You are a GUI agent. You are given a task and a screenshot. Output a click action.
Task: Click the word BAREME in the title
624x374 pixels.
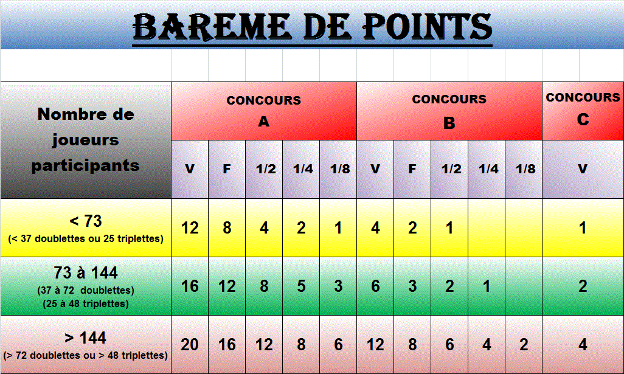[211, 27]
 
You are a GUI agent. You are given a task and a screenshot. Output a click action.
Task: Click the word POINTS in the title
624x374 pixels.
[428, 27]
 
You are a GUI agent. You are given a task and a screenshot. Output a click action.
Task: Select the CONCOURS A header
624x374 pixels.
[264, 111]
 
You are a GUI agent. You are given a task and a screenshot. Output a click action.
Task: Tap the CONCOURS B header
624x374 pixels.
[449, 111]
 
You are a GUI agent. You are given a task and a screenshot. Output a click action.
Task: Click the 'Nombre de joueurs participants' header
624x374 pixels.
[86, 140]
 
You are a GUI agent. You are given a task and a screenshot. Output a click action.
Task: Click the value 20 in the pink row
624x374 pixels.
[190, 345]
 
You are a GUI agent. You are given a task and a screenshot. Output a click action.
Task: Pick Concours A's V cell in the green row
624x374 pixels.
[190, 286]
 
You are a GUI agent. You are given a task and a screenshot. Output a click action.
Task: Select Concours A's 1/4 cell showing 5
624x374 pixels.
[301, 286]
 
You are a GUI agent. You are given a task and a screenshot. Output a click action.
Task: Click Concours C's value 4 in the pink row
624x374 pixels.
[583, 345]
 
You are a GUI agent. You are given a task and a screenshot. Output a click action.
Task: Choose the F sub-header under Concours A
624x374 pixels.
[227, 169]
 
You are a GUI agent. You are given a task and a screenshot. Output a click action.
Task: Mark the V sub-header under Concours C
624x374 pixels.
[583, 169]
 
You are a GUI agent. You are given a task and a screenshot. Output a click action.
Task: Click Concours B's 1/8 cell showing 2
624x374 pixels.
[524, 345]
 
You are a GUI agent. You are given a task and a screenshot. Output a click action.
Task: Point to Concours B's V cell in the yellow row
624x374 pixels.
[375, 227]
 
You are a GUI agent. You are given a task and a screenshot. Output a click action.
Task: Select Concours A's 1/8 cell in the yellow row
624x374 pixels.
[338, 227]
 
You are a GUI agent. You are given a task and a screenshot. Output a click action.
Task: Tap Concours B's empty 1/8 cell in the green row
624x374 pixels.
[524, 286]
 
